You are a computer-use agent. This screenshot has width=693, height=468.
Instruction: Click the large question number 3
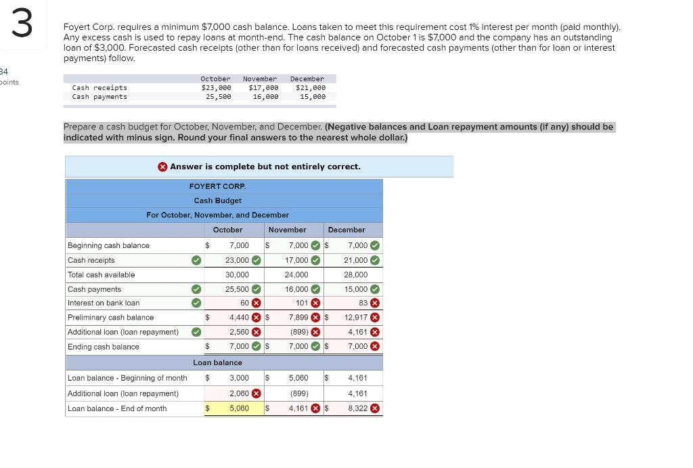pos(22,24)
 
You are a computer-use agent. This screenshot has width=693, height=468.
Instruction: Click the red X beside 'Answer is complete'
pos(162,167)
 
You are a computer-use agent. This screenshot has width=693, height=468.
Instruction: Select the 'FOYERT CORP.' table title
pos(217,186)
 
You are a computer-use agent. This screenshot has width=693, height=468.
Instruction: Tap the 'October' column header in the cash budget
pos(227,230)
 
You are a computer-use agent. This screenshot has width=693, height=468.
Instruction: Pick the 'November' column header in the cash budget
pos(287,230)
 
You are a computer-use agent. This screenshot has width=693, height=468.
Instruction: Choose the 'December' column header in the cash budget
pos(346,230)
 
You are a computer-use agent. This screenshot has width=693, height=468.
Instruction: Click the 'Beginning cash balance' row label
pos(108,245)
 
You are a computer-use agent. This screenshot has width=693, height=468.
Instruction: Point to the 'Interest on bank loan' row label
pos(104,303)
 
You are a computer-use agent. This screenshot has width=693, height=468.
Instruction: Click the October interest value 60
pos(244,303)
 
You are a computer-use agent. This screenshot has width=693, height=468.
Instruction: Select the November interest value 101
pos(303,303)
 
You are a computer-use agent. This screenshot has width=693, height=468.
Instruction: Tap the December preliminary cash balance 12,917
pos(356,318)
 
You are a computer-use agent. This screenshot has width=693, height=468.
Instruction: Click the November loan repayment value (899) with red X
pos(299,332)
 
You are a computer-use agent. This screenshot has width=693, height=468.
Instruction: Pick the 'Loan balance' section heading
pos(217,363)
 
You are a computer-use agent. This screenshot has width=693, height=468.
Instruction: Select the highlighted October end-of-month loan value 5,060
pos(238,408)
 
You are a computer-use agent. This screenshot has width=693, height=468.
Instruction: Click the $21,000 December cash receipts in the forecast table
pos(311,88)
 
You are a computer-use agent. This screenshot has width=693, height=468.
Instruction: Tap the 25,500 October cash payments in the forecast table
pos(219,97)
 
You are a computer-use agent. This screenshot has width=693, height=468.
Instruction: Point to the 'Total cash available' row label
pos(101,275)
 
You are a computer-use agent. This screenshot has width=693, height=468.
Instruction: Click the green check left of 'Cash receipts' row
pos(196,260)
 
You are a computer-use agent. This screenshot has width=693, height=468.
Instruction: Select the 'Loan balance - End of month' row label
pos(117,408)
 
